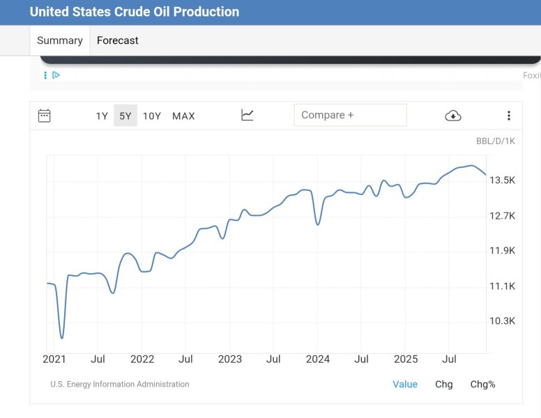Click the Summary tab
pyautogui.click(x=59, y=40)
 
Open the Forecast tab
pyautogui.click(x=117, y=40)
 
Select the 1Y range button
pyautogui.click(x=102, y=116)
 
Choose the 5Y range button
pyautogui.click(x=125, y=116)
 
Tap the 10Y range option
pyautogui.click(x=152, y=116)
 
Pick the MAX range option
pyautogui.click(x=183, y=116)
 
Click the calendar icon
pyautogui.click(x=44, y=116)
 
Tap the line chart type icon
pyautogui.click(x=247, y=115)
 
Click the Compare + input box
pyautogui.click(x=350, y=115)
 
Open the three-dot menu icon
pyautogui.click(x=509, y=116)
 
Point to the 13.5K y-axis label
pyautogui.click(x=502, y=180)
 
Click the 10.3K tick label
pyautogui.click(x=502, y=321)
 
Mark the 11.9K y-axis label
pyautogui.click(x=502, y=251)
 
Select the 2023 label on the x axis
pyautogui.click(x=229, y=359)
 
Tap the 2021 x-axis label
pyautogui.click(x=54, y=359)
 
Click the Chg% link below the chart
pyautogui.click(x=482, y=385)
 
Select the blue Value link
pyautogui.click(x=405, y=385)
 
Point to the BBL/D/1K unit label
pyautogui.click(x=496, y=141)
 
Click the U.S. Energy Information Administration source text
pyautogui.click(x=119, y=385)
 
